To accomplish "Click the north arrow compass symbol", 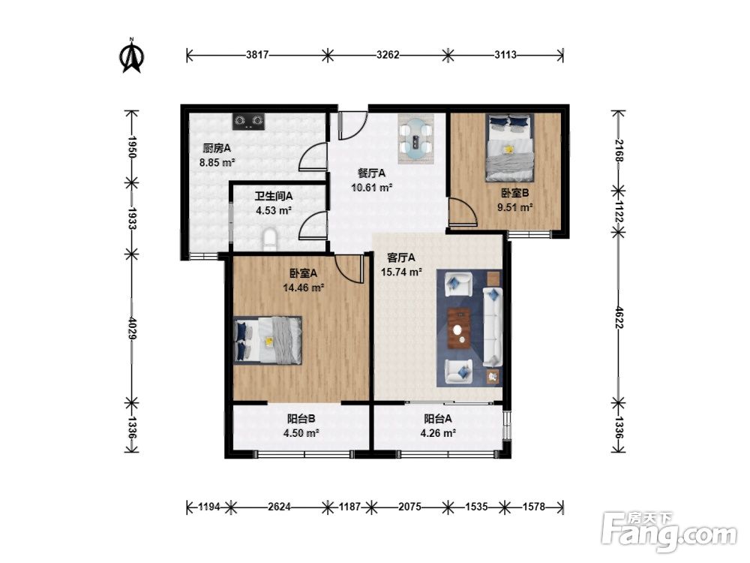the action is coord(131,56).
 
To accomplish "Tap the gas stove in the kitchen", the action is coord(249,121).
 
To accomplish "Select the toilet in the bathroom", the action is coord(270,240).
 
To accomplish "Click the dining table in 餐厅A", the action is coord(416,138).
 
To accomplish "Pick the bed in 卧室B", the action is coord(510,147).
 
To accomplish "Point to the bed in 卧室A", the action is coord(268,340).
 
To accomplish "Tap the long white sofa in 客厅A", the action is coord(493,327).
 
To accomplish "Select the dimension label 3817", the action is coord(257,55).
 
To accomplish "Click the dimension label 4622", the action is coord(619,317).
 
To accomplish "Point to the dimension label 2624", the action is coord(279,507).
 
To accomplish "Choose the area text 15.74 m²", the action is coord(401,272).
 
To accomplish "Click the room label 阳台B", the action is coord(301,419).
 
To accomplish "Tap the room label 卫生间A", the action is coord(274,196).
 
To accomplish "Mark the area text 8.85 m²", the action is coord(217,162).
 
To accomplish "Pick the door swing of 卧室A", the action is coord(349,268).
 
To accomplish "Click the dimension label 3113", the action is coord(505,55).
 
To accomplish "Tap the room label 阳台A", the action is coord(438,419).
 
